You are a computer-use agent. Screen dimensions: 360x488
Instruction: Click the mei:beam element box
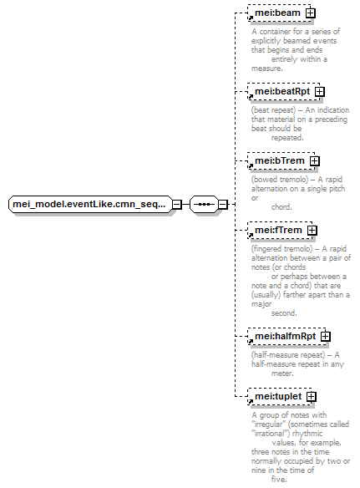(279, 13)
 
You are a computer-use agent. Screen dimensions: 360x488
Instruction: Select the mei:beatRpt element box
(284, 92)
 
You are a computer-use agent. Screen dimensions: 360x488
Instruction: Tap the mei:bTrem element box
(281, 161)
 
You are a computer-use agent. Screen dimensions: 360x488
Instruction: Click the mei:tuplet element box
(280, 396)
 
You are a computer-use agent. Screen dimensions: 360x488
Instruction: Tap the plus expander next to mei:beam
(310, 13)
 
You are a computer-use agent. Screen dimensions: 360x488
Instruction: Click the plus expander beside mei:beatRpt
(320, 92)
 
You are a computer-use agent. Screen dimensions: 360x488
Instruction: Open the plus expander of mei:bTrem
(315, 161)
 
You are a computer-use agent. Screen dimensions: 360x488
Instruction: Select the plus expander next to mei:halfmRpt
(325, 337)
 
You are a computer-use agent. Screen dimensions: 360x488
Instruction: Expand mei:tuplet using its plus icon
(312, 396)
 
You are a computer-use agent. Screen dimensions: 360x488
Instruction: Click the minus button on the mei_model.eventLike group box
(177, 205)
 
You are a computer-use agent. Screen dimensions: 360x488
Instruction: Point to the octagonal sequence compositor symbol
(204, 205)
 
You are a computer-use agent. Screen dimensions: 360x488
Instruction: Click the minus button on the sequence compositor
(223, 205)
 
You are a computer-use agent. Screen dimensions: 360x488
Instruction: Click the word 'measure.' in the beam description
(267, 69)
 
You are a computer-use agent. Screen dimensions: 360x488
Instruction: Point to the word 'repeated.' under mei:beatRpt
(287, 138)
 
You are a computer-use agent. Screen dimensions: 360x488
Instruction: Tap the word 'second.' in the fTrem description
(284, 313)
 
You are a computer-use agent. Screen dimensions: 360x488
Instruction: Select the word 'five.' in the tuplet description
(279, 480)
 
